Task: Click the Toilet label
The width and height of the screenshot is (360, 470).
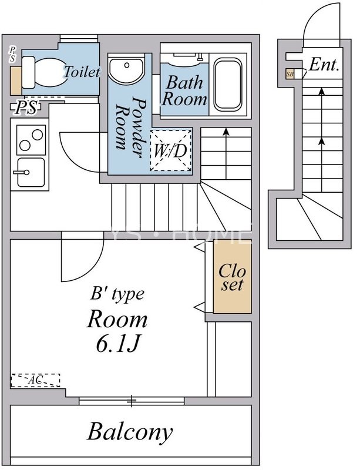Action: [82, 71]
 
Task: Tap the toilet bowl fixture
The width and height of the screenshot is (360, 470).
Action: [45, 72]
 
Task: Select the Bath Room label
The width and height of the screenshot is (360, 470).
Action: [184, 91]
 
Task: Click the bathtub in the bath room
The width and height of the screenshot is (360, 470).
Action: [228, 85]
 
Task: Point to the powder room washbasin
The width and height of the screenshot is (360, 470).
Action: [126, 70]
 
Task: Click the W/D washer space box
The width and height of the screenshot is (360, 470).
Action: [170, 151]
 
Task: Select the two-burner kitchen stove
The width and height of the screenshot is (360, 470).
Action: [31, 140]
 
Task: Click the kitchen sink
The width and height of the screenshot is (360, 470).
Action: [30, 173]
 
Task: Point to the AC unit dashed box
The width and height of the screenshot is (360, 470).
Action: [35, 380]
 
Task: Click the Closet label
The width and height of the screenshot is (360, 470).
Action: [232, 277]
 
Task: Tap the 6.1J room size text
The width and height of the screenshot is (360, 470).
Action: [118, 343]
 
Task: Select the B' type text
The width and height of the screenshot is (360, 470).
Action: [117, 294]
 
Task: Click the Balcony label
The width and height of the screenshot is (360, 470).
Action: [130, 432]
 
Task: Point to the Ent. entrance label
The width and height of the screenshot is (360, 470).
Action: [324, 65]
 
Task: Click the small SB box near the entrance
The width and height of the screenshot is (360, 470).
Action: [290, 74]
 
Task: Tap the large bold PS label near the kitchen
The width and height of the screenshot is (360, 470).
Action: [26, 108]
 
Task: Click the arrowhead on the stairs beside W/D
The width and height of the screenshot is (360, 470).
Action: [226, 132]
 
